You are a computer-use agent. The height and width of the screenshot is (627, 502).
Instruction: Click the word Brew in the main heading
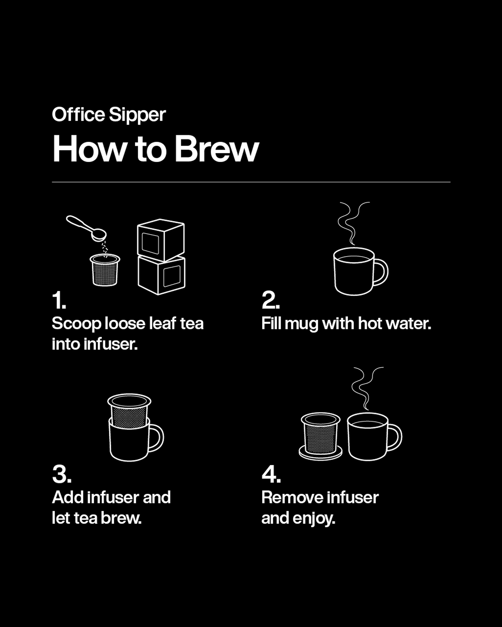coord(216,149)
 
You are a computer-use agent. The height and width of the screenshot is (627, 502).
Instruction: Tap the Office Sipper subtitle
coord(109,115)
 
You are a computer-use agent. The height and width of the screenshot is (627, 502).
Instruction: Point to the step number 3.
coord(61,474)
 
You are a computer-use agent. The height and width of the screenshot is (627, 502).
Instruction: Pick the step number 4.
coord(271,474)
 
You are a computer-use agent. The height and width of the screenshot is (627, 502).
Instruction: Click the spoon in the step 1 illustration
coord(86,227)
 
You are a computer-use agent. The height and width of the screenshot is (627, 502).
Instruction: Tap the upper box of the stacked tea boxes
coord(161,240)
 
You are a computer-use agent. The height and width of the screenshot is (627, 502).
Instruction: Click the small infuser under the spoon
coord(105,270)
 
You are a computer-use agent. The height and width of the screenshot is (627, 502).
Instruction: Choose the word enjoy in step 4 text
coord(314,518)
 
